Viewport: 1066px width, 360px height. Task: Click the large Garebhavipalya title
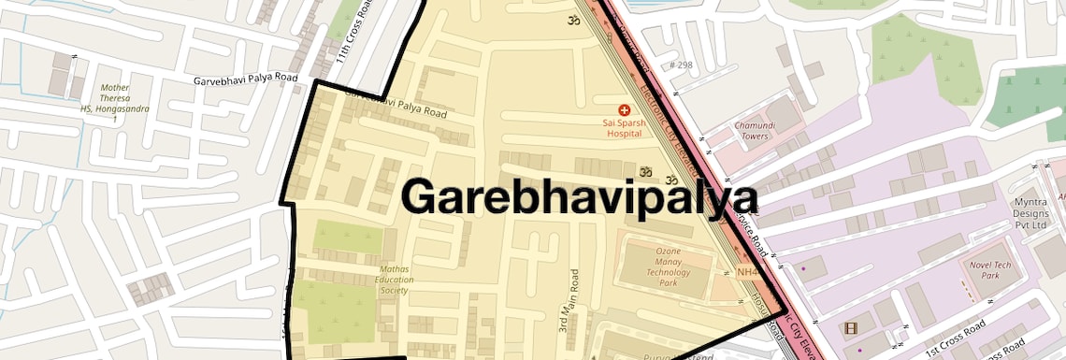(579, 197)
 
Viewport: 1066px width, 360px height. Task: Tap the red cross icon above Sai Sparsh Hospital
(625, 110)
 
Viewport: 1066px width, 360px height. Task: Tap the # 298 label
(681, 65)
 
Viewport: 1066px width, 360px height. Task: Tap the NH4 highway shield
(747, 271)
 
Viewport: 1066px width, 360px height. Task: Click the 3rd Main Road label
(576, 301)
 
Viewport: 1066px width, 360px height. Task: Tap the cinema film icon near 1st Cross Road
(850, 328)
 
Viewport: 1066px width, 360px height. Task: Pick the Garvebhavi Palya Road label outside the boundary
(245, 79)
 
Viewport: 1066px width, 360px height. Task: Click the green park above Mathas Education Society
(347, 237)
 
